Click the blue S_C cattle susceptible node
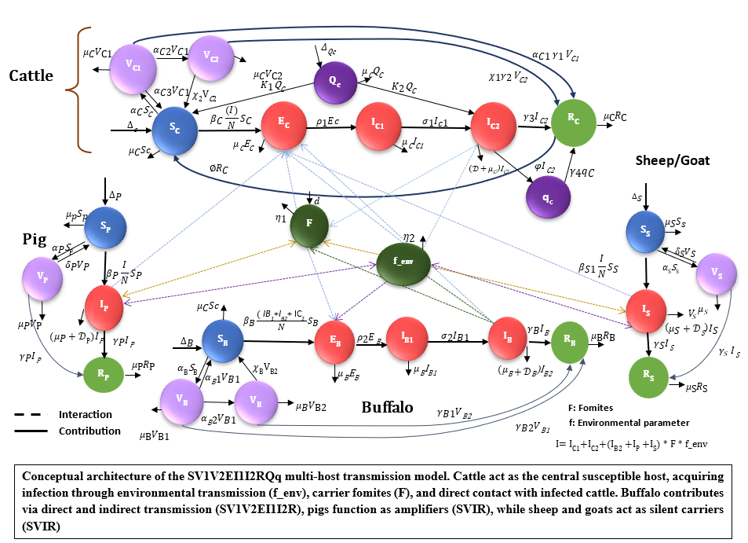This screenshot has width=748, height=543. click(x=177, y=133)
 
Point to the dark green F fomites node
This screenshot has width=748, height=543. click(x=309, y=224)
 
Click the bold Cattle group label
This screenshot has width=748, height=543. click(x=31, y=76)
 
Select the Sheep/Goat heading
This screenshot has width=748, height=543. click(x=671, y=160)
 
